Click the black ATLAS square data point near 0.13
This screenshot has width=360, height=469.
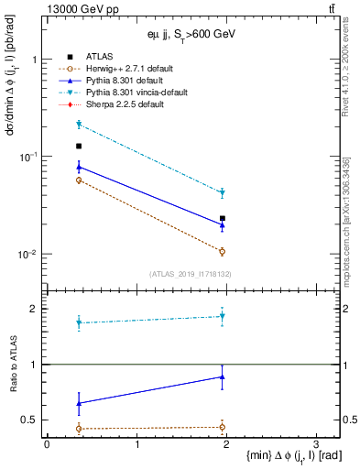(x=79, y=147)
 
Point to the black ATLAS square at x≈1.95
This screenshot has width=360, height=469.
(x=223, y=219)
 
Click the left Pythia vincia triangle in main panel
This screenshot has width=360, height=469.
(x=79, y=125)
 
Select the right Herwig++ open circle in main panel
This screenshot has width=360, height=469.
(x=223, y=251)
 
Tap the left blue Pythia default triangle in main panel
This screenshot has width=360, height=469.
(x=79, y=167)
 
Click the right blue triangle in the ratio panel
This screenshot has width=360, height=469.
(x=223, y=376)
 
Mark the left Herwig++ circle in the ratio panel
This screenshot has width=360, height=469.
(x=79, y=429)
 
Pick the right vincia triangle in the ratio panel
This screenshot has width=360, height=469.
(x=223, y=317)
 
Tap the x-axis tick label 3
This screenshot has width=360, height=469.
(x=315, y=444)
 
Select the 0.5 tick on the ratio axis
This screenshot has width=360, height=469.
(x=34, y=420)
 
